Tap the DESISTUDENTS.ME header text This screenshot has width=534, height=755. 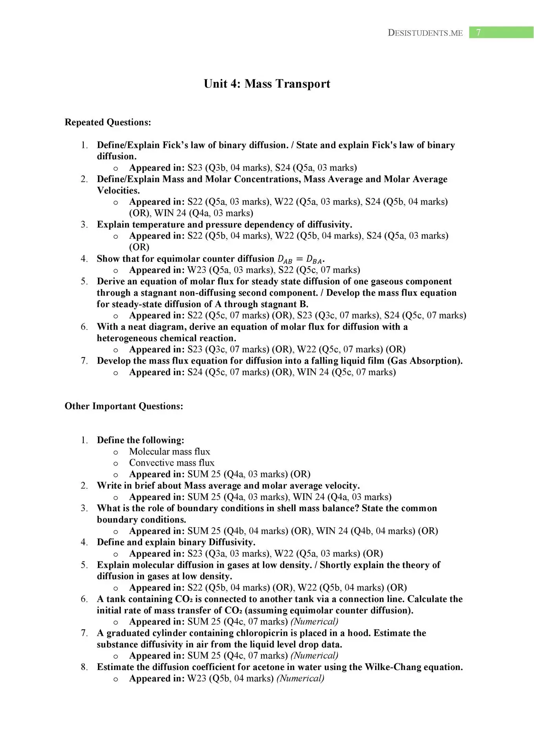pyautogui.click(x=425, y=33)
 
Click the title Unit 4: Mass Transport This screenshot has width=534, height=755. pyautogui.click(x=267, y=84)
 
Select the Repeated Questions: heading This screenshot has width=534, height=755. pyautogui.click(x=108, y=122)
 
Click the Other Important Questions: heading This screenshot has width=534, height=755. pyautogui.click(x=124, y=406)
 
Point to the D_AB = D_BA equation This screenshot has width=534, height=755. pyautogui.click(x=300, y=259)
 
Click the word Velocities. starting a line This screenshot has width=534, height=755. pyautogui.click(x=118, y=191)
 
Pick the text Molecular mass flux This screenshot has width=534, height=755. pyautogui.click(x=169, y=452)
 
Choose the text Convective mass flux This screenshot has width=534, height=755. pyautogui.click(x=172, y=463)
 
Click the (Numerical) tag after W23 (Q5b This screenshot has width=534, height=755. pyautogui.click(x=300, y=679)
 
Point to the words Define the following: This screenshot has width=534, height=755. pyautogui.click(x=140, y=440)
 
